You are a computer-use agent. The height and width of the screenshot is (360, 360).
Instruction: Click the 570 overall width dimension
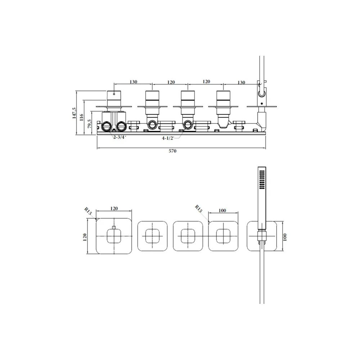(172, 151)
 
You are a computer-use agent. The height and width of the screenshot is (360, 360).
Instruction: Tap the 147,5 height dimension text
(74, 113)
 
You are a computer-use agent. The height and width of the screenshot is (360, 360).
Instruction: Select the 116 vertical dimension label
(81, 117)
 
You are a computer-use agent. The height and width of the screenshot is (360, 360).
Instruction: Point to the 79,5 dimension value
(90, 123)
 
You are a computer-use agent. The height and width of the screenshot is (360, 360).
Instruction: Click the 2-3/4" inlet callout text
(120, 137)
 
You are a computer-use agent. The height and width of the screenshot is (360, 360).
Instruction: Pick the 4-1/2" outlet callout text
(168, 138)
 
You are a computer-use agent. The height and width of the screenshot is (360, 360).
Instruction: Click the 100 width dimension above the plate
(222, 210)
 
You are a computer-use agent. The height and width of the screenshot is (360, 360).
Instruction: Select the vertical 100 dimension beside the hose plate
(285, 237)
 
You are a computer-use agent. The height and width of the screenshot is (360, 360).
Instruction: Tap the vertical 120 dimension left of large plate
(85, 237)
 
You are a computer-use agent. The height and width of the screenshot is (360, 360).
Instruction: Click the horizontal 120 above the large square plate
(114, 208)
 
